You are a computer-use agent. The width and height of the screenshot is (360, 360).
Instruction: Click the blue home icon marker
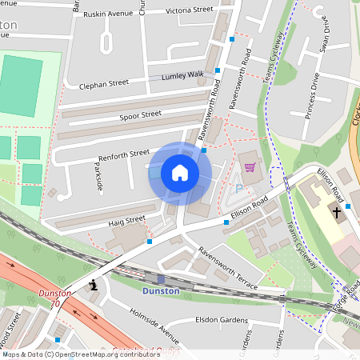(180, 173)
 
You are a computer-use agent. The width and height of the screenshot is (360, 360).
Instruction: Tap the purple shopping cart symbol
(250, 166)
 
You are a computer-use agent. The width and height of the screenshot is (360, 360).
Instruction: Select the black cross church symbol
(337, 213)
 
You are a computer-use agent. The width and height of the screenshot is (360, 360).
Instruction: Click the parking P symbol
(238, 188)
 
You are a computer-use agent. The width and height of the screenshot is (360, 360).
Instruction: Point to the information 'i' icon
(95, 284)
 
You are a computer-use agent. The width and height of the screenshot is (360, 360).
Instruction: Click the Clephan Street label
(103, 83)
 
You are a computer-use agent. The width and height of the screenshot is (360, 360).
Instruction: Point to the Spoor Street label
(140, 115)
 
